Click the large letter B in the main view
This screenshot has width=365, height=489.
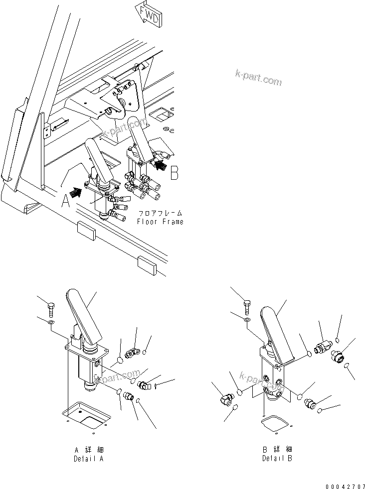[174, 172]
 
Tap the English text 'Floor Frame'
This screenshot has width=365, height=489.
[160, 222]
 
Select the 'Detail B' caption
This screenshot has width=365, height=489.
[277, 458]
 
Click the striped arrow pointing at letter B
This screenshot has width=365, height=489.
[160, 164]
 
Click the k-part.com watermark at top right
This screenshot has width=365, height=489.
[258, 77]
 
